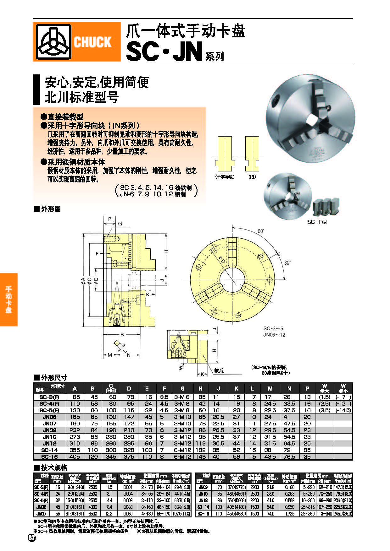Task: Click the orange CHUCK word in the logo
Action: coord(92,42)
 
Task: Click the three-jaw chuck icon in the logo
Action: coord(53,42)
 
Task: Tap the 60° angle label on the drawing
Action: coord(261,231)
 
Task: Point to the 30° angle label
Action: coord(287,262)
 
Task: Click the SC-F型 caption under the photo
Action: coord(317,222)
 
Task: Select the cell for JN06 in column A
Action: coord(75,417)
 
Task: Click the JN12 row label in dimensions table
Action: coord(49,443)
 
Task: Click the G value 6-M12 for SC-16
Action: coord(182,456)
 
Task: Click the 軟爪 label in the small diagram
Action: coord(219,370)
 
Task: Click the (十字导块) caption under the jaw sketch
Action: coord(225,177)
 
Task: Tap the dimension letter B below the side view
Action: coord(122,334)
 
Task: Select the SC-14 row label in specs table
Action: coord(203,507)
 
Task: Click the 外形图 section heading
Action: coord(50,209)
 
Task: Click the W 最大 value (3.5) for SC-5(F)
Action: coord(325,410)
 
